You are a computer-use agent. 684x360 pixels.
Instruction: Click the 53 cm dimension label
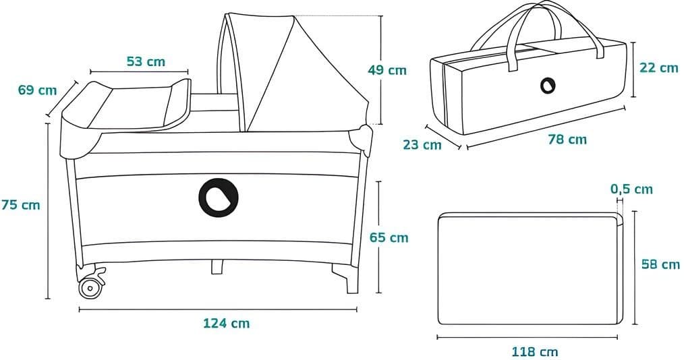pos(146,61)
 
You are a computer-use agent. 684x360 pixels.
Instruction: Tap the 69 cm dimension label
pos(37,90)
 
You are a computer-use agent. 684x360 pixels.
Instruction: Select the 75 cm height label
pos(21,204)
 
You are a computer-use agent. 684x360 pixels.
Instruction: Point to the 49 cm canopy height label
pos(387,69)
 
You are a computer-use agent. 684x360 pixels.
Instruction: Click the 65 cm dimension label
pos(389,237)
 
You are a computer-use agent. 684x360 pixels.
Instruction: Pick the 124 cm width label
pos(226,323)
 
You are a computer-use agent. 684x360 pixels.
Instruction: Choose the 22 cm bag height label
pos(658,67)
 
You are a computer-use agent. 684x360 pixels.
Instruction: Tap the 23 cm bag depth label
pos(422,144)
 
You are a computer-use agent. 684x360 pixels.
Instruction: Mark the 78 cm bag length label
pos(567,140)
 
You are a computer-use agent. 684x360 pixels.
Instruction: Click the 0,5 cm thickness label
pos(631,189)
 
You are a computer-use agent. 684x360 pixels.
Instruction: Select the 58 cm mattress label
pos(660,264)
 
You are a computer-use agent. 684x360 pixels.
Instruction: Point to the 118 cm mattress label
pos(534,351)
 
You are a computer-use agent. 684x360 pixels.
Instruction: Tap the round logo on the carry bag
pos(547,86)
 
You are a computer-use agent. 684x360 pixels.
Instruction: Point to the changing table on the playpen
pos(128,104)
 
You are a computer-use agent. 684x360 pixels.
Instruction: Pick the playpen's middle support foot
pos(217,267)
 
